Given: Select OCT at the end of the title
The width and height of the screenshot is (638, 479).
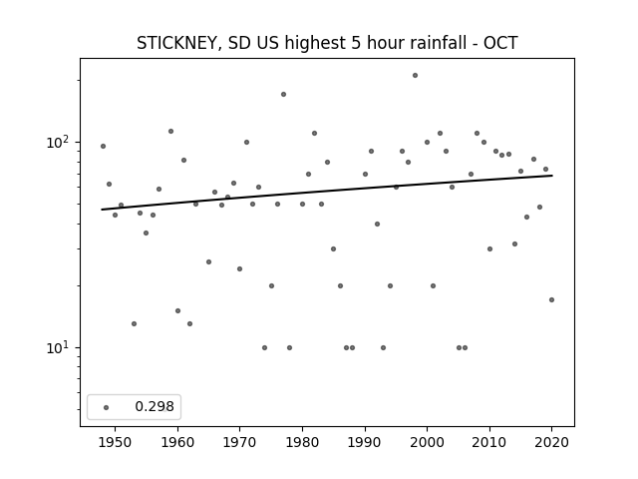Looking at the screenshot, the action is pos(500,43).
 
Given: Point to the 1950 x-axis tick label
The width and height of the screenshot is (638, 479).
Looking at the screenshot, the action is pos(116,442).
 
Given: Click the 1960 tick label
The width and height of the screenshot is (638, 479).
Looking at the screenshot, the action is pos(177,442).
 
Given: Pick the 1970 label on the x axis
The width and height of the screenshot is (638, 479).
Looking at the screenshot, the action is pos(239,442).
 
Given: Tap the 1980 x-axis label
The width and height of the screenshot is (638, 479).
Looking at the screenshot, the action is pos(302,442).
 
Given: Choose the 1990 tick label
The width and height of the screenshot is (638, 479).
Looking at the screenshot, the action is pos(365,442).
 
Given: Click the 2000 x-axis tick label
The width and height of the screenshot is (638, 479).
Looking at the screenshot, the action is pos(428,442).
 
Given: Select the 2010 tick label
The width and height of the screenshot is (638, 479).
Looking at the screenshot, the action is pos(489,442).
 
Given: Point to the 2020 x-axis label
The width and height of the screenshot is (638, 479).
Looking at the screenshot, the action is pos(551,442).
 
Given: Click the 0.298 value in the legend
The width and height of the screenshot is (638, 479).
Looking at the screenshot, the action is pos(155,406).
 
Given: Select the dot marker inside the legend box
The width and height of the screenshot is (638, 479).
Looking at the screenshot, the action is pos(107,407).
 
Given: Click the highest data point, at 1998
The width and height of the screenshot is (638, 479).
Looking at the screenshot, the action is pos(415,76).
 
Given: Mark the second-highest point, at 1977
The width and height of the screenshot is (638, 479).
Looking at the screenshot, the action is pos(283,95).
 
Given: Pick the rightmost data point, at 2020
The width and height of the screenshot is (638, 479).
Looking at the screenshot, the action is pos(551,299).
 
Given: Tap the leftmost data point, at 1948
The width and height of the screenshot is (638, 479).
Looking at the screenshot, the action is pos(103,147).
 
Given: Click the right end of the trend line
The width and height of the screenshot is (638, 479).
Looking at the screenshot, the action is pos(552,176).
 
